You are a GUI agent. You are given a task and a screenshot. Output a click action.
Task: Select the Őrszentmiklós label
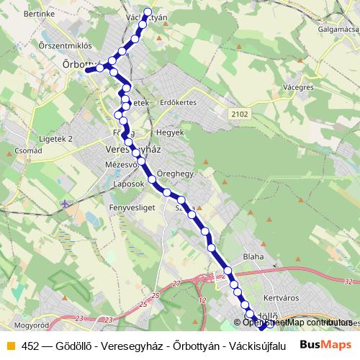click(30, 45)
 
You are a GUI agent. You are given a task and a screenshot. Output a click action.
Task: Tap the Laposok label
click(130, 184)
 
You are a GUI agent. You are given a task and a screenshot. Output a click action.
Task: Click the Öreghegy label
click(175, 174)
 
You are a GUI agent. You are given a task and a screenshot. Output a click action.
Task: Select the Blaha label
click(253, 256)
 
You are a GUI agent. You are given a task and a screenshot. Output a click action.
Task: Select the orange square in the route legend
click(10, 345)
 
